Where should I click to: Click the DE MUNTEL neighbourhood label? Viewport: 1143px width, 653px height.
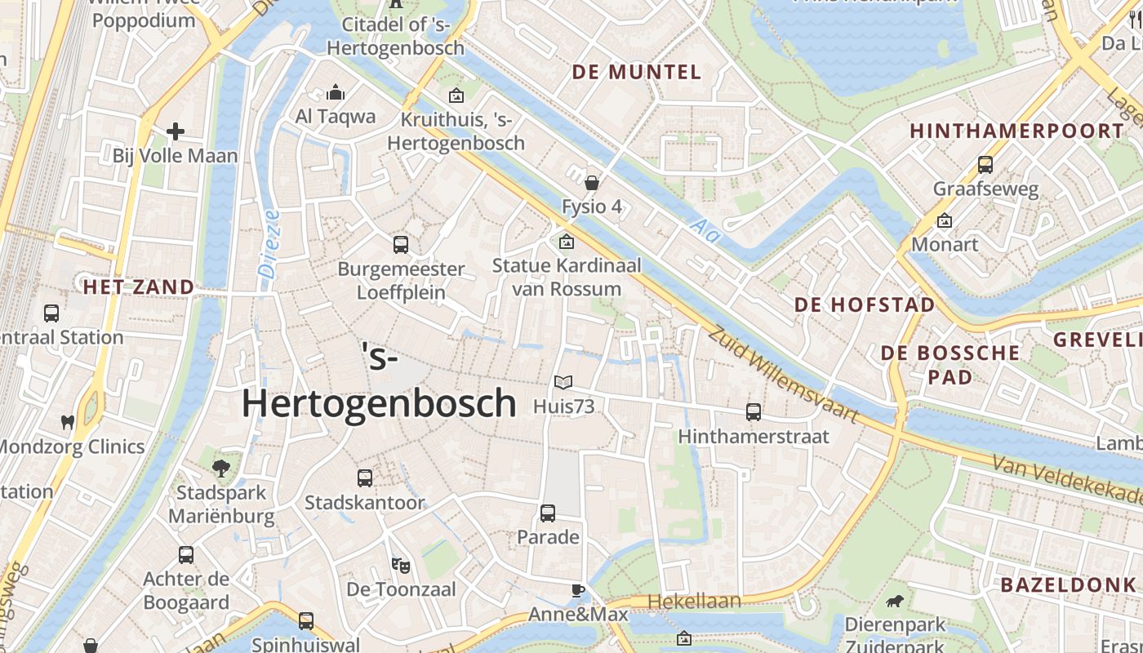click(636, 72)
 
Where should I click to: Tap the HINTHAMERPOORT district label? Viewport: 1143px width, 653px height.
click(1016, 131)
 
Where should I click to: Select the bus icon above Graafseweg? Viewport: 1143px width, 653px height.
click(985, 165)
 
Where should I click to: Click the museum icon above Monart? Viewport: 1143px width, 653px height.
click(945, 220)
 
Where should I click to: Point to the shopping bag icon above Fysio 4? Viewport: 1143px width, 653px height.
click(592, 183)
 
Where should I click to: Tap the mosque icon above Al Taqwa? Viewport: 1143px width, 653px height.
click(336, 93)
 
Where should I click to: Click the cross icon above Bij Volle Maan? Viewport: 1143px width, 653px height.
click(176, 131)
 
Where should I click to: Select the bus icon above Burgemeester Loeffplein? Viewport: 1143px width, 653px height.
click(401, 244)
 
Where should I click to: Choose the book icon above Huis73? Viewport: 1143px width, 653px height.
click(563, 381)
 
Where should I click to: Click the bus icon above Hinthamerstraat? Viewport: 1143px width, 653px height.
click(754, 412)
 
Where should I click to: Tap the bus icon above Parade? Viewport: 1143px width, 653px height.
click(548, 513)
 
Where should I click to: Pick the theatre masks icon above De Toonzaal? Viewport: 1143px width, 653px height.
click(399, 564)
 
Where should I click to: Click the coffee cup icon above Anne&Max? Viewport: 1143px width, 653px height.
click(578, 590)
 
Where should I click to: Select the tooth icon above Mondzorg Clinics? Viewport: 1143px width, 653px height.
click(68, 422)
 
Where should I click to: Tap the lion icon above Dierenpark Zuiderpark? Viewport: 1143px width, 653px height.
click(895, 602)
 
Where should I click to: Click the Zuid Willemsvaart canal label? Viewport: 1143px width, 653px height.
click(782, 375)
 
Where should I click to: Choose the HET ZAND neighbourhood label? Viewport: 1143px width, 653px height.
click(139, 287)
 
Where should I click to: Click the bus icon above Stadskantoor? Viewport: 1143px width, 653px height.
click(365, 478)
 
